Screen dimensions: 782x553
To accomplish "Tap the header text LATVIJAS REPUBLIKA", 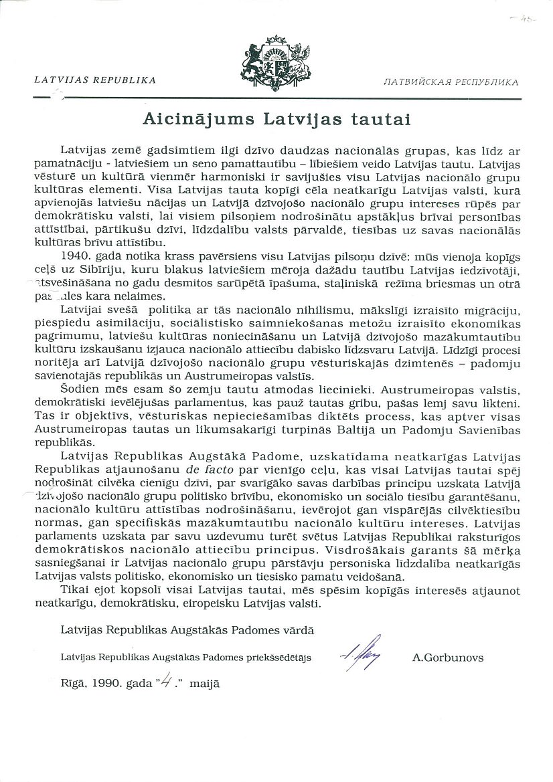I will point(95,79).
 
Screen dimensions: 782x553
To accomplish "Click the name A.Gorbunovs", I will point(448,658).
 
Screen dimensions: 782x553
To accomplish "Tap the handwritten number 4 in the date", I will point(170,682).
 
